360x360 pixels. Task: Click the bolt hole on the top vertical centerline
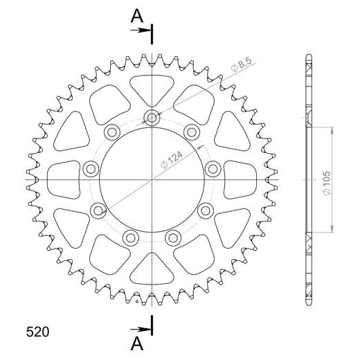point(152,118)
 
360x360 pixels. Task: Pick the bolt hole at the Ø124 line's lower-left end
point(98,210)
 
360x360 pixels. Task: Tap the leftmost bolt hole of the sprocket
point(89,168)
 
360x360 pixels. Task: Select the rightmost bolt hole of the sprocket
point(214,168)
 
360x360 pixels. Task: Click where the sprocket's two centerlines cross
point(152,179)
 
